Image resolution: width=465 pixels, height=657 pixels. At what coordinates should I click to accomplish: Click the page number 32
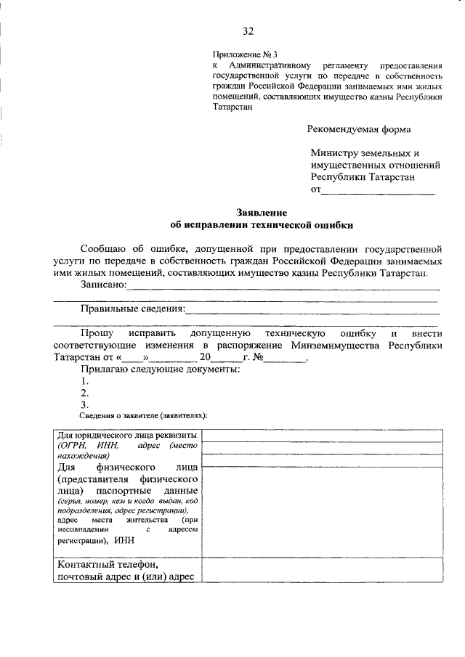point(248,30)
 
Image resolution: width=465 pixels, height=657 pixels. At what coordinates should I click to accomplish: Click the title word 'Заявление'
point(262,213)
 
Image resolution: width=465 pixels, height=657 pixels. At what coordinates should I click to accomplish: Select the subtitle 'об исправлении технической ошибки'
point(262,225)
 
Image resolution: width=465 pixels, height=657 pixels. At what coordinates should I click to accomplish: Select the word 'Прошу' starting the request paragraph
point(97,332)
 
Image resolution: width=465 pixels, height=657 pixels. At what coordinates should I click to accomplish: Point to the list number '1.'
point(85,380)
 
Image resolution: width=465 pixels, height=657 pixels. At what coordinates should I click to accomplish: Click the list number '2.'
point(85,393)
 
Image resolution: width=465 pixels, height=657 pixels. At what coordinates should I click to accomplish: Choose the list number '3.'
point(85,404)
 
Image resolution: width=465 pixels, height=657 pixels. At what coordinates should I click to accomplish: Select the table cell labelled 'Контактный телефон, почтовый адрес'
point(127,570)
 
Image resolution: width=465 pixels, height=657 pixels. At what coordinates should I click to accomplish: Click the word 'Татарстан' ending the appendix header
point(233,107)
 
